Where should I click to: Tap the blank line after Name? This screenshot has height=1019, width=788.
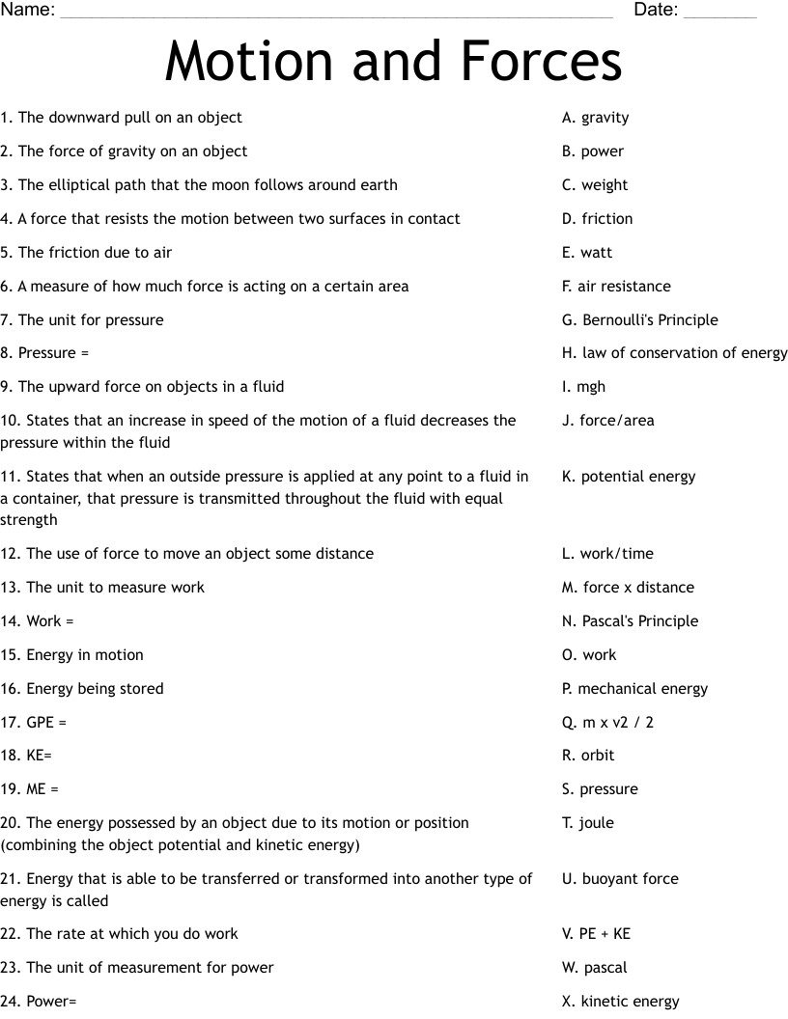pos(336,14)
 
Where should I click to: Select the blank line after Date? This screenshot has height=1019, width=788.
pos(719,14)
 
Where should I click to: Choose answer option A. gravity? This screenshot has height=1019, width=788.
pos(595,118)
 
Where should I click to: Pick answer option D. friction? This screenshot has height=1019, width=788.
pos(597,219)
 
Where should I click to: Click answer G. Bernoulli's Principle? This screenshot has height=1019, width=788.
pos(639,320)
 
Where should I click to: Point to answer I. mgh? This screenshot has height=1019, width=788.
pos(583,387)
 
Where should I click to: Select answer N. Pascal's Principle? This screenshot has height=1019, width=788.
pos(630,621)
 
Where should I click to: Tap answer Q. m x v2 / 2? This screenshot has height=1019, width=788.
pos(607,722)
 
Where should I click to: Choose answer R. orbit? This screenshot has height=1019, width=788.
pos(588,756)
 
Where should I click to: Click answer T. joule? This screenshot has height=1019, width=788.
pos(587,823)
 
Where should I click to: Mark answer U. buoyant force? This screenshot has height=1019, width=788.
pos(620,879)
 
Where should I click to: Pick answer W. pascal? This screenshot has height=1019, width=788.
pos(594,968)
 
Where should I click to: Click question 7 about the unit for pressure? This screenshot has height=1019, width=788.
pos(82,320)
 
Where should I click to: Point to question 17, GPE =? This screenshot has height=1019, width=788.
pos(34,722)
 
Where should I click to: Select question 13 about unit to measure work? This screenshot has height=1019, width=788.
pos(102,588)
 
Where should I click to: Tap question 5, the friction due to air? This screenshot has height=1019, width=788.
pos(86,253)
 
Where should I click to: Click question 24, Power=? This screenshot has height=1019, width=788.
pos(39,1002)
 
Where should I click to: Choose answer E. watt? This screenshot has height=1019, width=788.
pos(586,253)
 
